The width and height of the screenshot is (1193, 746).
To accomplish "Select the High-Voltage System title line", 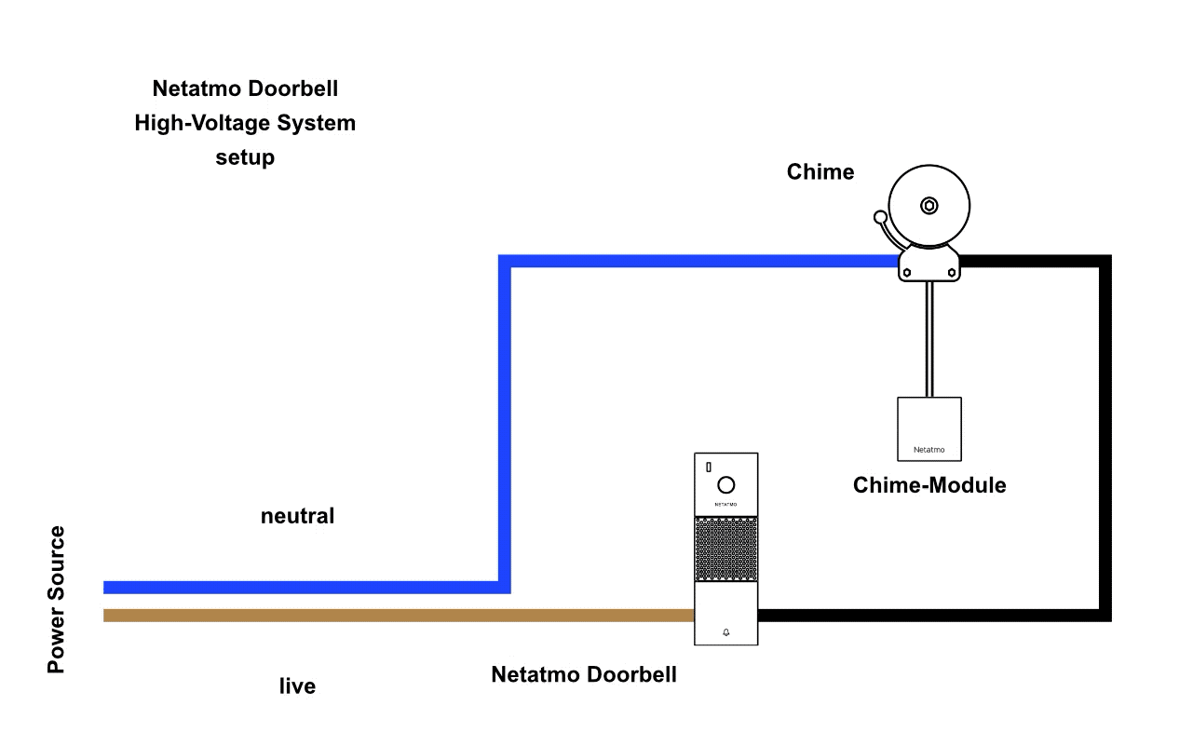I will [x=245, y=123].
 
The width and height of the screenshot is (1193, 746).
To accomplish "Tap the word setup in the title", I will [x=245, y=157].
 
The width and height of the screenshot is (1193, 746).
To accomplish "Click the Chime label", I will [x=820, y=172].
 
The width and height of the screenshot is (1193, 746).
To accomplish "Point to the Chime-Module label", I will [x=929, y=485].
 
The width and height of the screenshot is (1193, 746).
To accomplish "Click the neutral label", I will [x=297, y=516].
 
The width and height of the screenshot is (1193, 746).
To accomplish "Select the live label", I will [x=297, y=687].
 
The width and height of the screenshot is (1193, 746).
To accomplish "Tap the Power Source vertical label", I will [x=57, y=600].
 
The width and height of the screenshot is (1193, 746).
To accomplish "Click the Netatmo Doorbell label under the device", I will [x=584, y=674].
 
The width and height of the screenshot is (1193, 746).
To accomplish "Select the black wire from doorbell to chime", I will [x=1105, y=438].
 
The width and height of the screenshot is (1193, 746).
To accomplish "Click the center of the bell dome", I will [x=929, y=206].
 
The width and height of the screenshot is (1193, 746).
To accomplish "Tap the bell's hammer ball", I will [x=880, y=218].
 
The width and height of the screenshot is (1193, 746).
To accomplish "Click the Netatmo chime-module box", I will [x=929, y=428].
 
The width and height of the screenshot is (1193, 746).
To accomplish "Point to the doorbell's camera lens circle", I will [x=726, y=484].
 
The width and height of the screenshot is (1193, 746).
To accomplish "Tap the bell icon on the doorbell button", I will [x=726, y=632].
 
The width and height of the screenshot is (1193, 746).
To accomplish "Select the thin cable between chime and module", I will [x=929, y=340].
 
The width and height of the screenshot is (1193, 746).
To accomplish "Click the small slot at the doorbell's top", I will [x=708, y=466].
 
